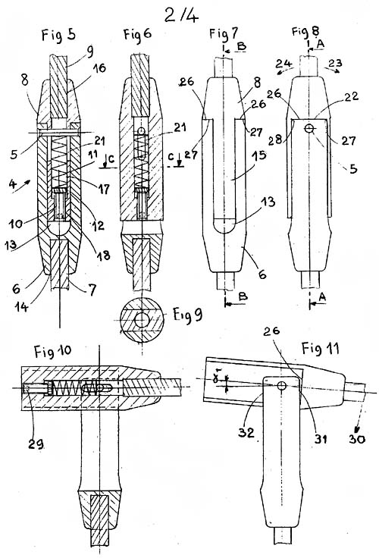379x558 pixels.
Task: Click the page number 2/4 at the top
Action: pyautogui.click(x=181, y=14)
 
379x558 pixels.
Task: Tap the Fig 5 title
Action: pyautogui.click(x=58, y=35)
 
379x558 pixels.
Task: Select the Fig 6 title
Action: pyautogui.click(x=137, y=34)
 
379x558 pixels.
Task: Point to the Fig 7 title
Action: pyautogui.click(x=224, y=34)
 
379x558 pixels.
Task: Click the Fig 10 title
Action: pyautogui.click(x=52, y=351)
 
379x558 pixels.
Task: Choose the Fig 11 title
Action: pyautogui.click(x=321, y=348)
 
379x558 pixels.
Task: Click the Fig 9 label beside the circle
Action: pyautogui.click(x=188, y=314)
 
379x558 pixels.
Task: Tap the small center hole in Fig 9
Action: pyautogui.click(x=142, y=320)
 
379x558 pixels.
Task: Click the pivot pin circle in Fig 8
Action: pyautogui.click(x=309, y=128)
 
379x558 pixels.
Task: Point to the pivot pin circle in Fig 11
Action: pyautogui.click(x=282, y=386)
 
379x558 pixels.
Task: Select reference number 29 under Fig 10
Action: pyautogui.click(x=36, y=444)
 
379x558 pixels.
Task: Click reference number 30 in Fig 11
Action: pyautogui.click(x=357, y=439)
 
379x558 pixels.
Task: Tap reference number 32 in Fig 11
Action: pyautogui.click(x=246, y=432)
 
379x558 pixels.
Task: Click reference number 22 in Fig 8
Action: pyautogui.click(x=351, y=97)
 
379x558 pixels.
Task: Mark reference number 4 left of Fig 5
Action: pyautogui.click(x=13, y=184)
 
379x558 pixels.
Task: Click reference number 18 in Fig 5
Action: pyautogui.click(x=103, y=255)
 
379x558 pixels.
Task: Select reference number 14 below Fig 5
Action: pyautogui.click(x=21, y=306)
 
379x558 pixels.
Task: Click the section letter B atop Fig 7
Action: pyautogui.click(x=241, y=46)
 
